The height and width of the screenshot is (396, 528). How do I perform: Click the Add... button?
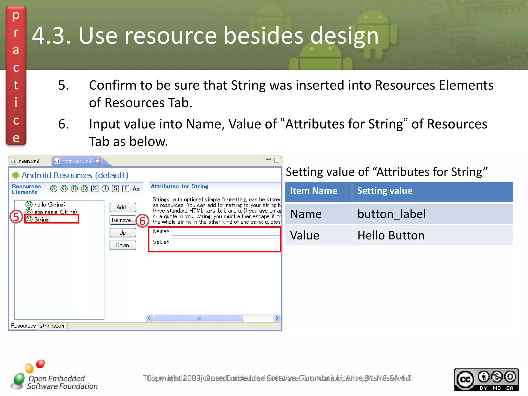click(123, 207)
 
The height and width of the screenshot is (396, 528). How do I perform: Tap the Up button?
click(123, 233)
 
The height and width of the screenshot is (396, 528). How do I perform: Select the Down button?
click(123, 245)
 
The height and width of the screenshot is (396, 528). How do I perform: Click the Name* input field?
click(226, 232)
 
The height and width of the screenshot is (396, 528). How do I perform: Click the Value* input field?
click(226, 242)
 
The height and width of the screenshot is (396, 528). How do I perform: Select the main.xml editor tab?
click(29, 161)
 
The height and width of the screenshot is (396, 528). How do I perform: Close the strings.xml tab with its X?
click(97, 161)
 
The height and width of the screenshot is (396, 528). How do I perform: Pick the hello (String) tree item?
click(49, 204)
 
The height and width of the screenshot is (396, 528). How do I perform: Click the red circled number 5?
click(16, 217)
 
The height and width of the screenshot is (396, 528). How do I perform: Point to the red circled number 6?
click(142, 221)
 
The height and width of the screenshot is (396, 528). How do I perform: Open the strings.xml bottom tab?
click(53, 326)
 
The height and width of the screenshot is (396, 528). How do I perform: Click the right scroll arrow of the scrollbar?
click(277, 318)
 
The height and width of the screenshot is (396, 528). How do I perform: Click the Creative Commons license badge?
click(486, 380)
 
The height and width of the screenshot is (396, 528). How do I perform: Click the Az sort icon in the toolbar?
click(136, 189)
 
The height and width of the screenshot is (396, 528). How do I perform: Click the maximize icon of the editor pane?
click(277, 160)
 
